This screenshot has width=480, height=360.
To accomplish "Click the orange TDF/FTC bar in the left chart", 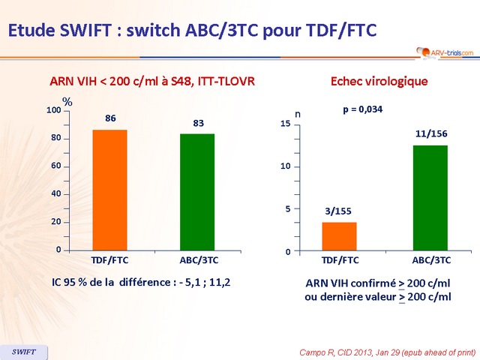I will (109, 190).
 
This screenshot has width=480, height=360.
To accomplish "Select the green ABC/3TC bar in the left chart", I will (197, 193).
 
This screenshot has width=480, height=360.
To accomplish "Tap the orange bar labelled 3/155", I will (339, 237).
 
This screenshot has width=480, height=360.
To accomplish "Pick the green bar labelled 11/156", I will (430, 198).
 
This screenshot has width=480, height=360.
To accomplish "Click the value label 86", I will (109, 118).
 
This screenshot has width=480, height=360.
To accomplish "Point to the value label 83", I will (198, 122).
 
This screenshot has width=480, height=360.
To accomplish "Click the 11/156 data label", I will (430, 133).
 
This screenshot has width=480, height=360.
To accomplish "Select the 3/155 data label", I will (339, 211).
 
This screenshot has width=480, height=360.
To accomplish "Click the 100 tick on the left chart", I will (53, 111).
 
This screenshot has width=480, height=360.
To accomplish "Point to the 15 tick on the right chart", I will (285, 124).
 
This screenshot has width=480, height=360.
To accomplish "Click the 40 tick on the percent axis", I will (55, 194).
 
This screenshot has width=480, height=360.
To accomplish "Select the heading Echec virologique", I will (379, 81).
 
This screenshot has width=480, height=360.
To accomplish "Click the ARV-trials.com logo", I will (443, 52).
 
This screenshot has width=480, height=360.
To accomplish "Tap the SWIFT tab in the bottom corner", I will (23, 351).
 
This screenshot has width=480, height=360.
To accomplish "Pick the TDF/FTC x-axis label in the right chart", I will (340, 260).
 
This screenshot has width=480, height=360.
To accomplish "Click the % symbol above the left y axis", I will (67, 101).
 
